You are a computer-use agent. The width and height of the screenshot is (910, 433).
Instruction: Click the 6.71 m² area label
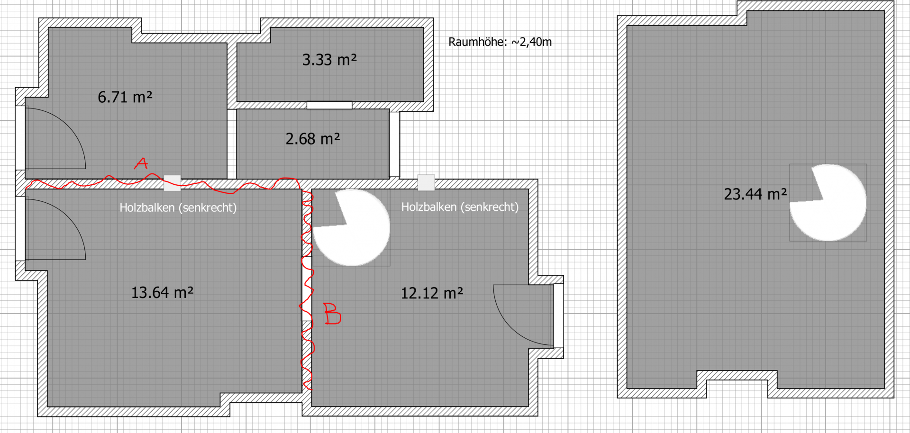[x=125, y=97]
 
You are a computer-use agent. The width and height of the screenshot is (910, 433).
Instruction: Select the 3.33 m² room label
[x=329, y=60]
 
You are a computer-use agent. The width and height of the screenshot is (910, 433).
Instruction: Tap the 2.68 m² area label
[x=313, y=139]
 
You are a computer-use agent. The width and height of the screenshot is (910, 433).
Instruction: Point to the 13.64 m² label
[x=162, y=292]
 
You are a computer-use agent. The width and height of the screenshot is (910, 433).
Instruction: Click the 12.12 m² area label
[x=432, y=293]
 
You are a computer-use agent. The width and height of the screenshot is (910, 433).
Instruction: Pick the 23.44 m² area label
[x=755, y=194]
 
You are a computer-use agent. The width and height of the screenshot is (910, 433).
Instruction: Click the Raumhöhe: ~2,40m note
[x=500, y=42]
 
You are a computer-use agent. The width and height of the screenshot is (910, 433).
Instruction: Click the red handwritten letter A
[x=141, y=163]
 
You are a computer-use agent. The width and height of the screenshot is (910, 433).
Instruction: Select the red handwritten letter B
[x=332, y=314]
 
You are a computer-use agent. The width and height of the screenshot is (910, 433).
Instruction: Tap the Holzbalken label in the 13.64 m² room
[x=178, y=207]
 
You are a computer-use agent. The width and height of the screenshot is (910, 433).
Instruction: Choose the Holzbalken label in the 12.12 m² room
[x=460, y=207]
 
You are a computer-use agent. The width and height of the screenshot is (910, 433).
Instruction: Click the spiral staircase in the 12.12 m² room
[x=351, y=227]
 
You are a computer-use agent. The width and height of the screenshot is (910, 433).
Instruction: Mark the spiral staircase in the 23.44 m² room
[x=828, y=203]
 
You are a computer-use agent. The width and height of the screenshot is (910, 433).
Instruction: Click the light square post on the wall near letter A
[x=172, y=183]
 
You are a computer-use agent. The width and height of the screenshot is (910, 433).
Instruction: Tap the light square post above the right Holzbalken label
[x=426, y=182]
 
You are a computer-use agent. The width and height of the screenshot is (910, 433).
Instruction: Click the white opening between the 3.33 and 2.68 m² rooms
[x=329, y=105]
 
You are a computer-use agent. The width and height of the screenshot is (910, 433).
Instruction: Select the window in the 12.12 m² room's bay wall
[x=559, y=316]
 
